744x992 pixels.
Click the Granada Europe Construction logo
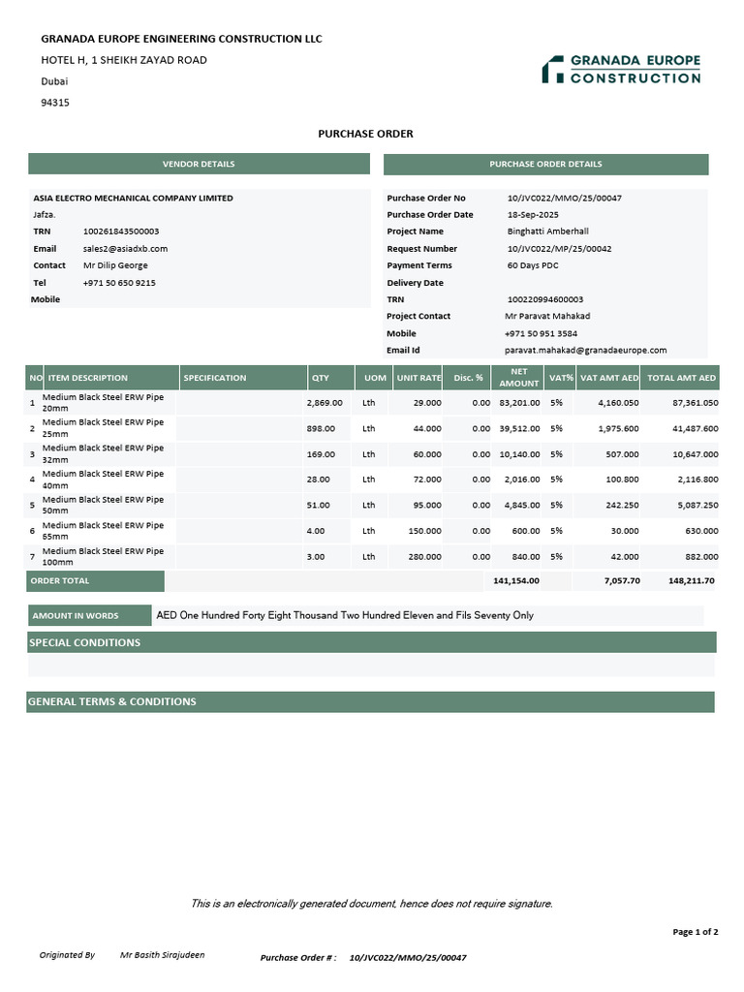pyautogui.click(x=621, y=69)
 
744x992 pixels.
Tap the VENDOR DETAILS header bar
pyautogui.click(x=199, y=164)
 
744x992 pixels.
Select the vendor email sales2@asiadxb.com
pyautogui.click(x=125, y=249)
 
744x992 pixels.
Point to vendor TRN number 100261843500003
pyautogui.click(x=121, y=232)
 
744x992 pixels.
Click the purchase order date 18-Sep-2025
pyautogui.click(x=535, y=215)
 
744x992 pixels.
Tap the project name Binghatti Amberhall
pyautogui.click(x=547, y=232)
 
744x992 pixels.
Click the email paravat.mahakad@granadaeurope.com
pyautogui.click(x=585, y=351)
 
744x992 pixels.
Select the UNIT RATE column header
pyautogui.click(x=418, y=378)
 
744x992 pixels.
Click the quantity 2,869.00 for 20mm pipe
pyautogui.click(x=325, y=403)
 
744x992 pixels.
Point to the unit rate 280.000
pyautogui.click(x=424, y=557)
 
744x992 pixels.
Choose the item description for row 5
pyautogui.click(x=104, y=505)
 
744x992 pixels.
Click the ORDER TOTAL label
pyautogui.click(x=60, y=581)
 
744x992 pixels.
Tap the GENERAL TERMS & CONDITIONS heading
pyautogui.click(x=112, y=701)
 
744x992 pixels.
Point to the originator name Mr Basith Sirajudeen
pyautogui.click(x=162, y=955)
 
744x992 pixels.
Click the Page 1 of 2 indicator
pyautogui.click(x=695, y=932)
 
